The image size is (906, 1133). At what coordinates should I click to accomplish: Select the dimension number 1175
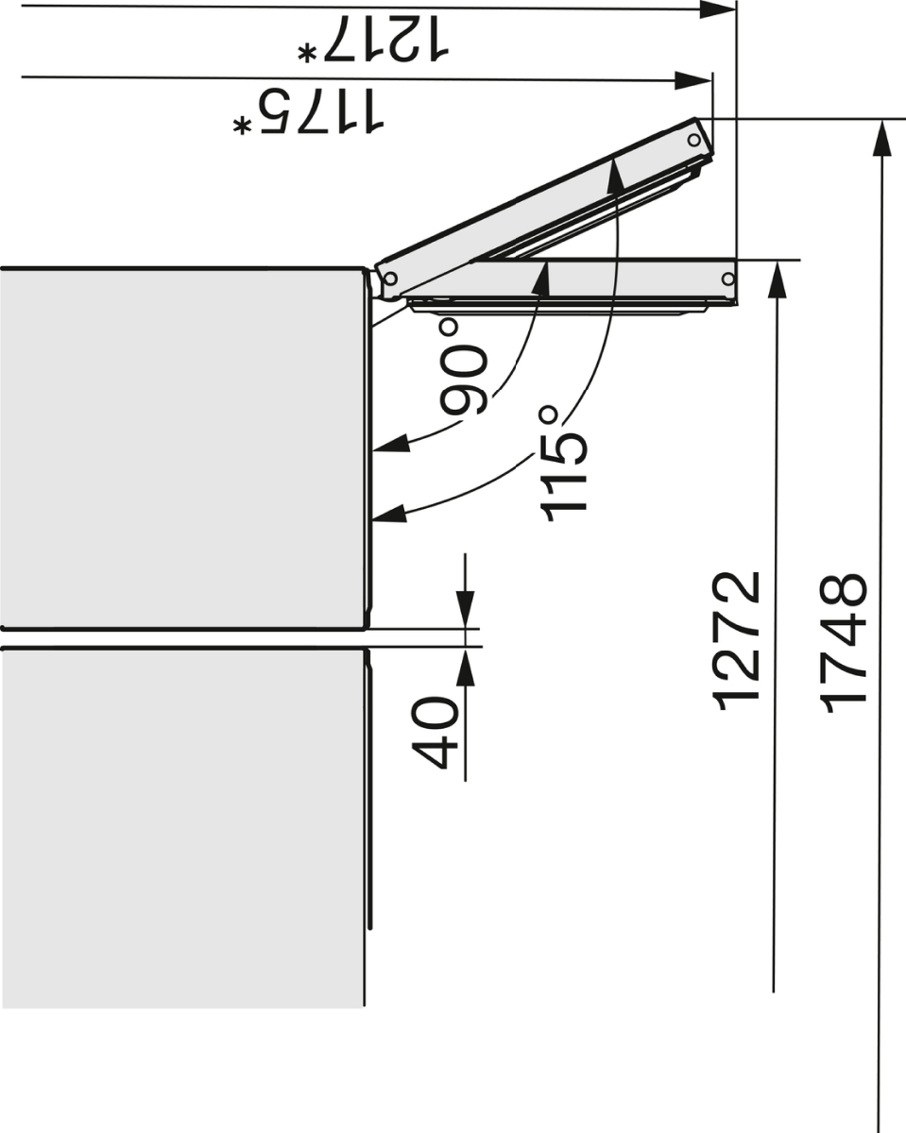(x=319, y=110)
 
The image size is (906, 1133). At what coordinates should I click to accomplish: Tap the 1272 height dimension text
(x=735, y=642)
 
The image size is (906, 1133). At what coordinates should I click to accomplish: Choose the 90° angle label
(x=463, y=367)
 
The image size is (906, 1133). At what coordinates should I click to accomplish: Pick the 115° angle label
(x=563, y=463)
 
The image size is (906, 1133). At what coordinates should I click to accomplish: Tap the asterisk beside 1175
(x=241, y=126)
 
